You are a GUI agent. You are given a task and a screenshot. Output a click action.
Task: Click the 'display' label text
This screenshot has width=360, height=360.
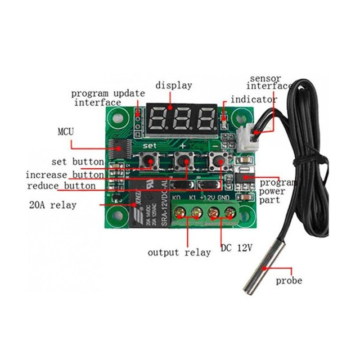[x=174, y=85]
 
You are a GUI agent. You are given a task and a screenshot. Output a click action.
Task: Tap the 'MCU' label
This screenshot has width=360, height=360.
[x=66, y=132]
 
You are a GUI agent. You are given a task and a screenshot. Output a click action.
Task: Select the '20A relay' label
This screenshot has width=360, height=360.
[x=52, y=205]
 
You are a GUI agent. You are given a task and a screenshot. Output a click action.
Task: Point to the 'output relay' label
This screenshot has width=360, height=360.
[x=179, y=252]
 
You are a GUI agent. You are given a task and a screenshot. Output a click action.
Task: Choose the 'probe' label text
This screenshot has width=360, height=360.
[x=289, y=280]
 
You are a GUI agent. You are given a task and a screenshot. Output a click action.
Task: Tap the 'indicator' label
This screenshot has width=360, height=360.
[x=254, y=100]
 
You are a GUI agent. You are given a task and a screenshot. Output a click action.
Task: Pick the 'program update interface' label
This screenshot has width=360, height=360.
[x=107, y=97]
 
